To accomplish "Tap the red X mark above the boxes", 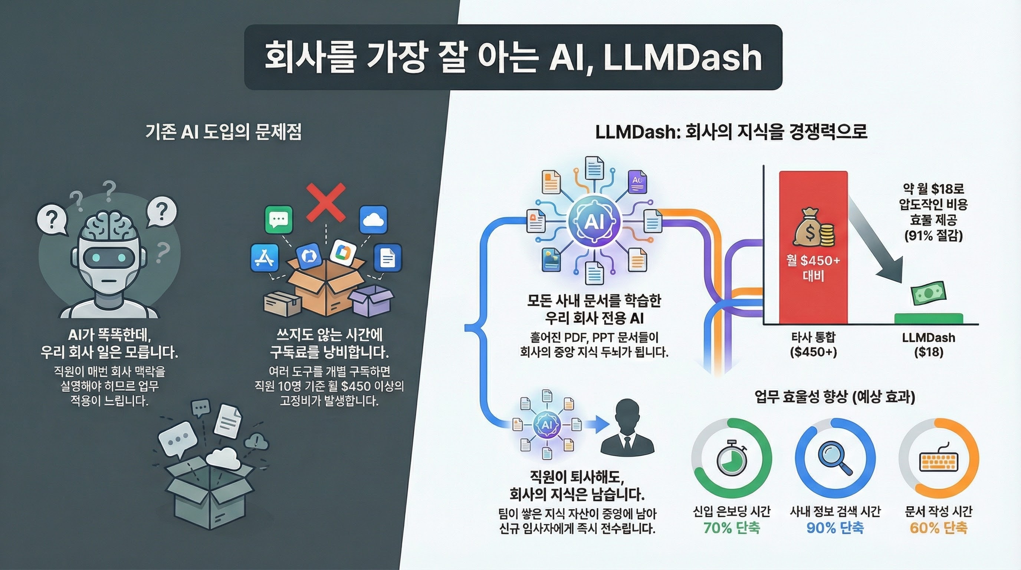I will point(326,202).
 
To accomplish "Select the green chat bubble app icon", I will point(279,219).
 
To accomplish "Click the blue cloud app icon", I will point(373,219).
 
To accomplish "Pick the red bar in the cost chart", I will point(813,248).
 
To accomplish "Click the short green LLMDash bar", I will point(929,319).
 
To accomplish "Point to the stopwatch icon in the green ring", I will point(732,459).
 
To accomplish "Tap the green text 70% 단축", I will point(732,528).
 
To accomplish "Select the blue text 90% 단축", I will point(835,528).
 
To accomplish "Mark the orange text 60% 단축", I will point(939,528).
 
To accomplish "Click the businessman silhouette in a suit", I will point(627,428).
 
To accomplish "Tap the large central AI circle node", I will point(594,222).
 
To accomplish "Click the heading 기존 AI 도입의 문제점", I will point(224,132).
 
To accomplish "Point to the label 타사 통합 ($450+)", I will point(813,344).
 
